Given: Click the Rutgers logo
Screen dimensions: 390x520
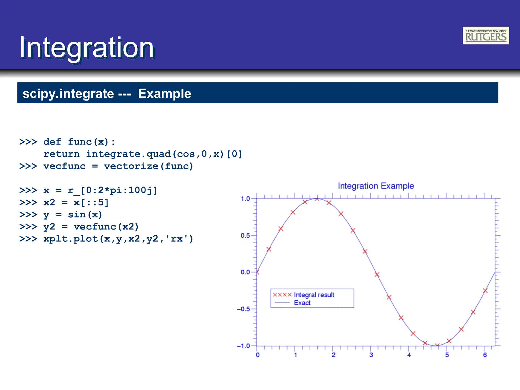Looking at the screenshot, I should [485, 36].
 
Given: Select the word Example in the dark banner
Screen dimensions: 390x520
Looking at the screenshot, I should [165, 94].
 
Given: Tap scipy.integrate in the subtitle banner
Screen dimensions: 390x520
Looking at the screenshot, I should [68, 94].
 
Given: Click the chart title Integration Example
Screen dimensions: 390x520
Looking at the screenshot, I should [376, 186].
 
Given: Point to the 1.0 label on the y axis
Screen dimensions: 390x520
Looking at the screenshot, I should [245, 199].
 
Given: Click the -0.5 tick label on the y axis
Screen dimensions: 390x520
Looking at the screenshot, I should [243, 309].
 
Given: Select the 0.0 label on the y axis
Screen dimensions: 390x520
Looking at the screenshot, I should [245, 272].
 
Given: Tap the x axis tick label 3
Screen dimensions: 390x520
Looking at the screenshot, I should [371, 355].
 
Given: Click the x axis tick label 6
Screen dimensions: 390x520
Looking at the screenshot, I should [485, 355].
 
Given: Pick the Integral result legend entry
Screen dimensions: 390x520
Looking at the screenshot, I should [314, 295].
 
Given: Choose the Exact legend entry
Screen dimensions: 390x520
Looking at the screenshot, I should [302, 303].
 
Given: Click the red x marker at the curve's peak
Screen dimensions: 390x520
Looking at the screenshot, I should [317, 199].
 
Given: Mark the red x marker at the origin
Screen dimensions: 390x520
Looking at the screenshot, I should [257, 272].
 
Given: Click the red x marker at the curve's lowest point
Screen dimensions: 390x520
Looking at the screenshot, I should [437, 345].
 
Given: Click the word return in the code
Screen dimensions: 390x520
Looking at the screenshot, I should [61, 154].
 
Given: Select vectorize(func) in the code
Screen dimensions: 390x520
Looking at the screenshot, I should [149, 166].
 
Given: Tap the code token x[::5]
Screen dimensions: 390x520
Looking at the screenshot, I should [91, 203].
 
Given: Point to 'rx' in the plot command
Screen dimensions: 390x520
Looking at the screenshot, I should [177, 239].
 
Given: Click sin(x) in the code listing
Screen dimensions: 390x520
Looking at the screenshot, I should [85, 215].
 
